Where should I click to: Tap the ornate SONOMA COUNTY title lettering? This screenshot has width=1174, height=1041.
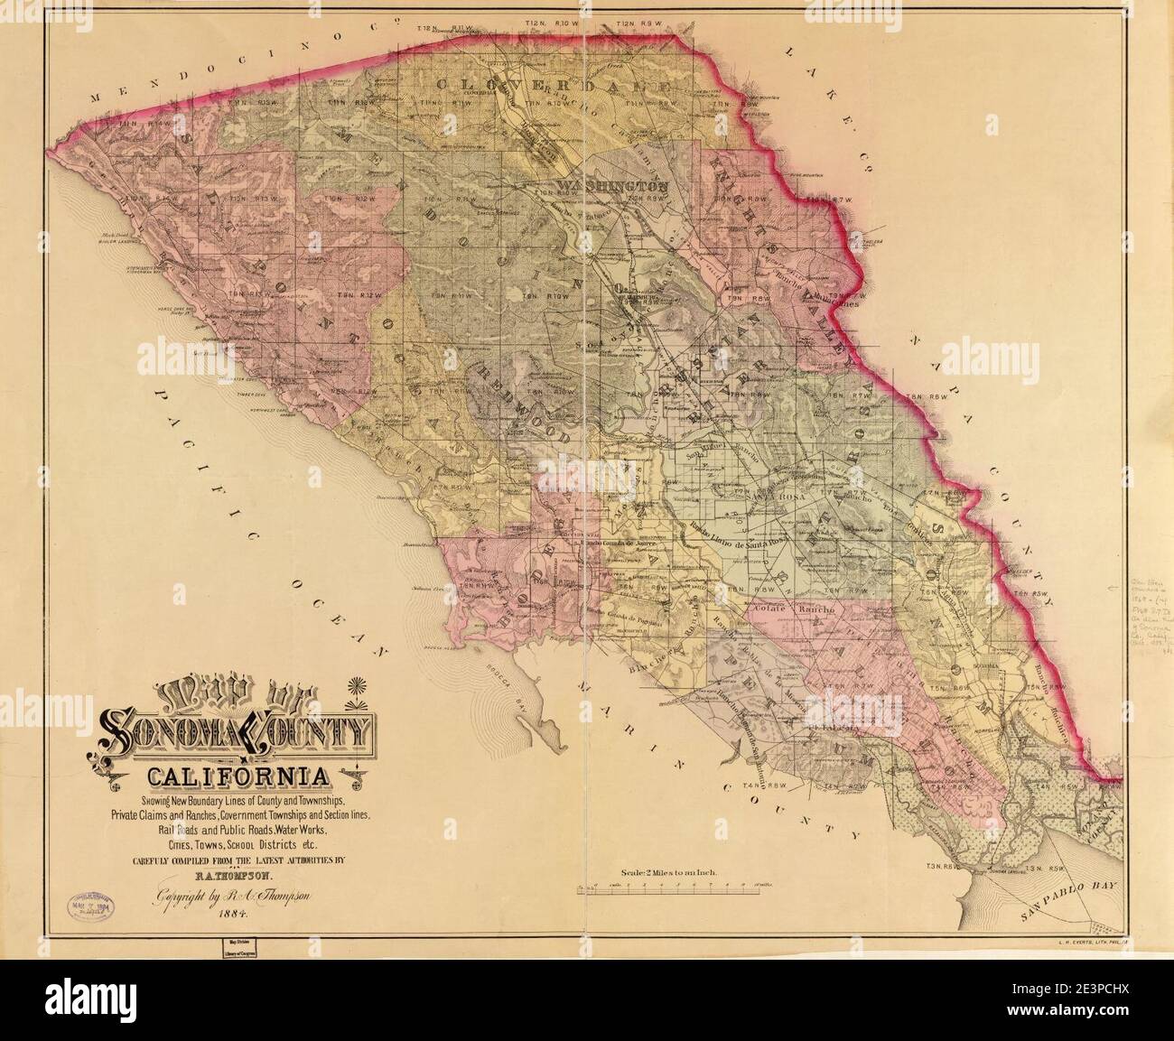click(x=239, y=728)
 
